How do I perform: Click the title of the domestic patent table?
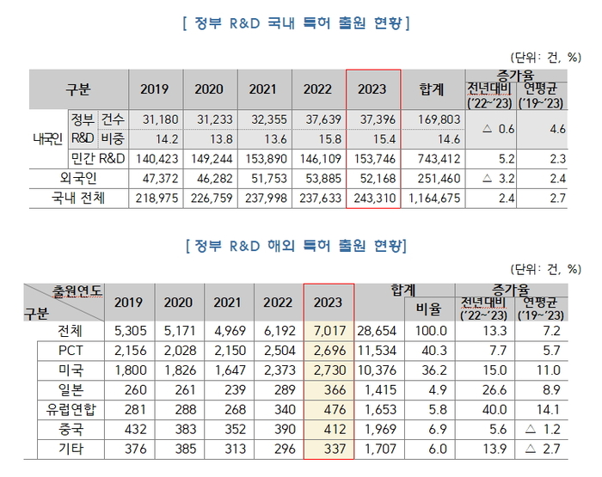pos(298,23)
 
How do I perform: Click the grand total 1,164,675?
pos(432,199)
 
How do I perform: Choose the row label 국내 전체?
pos(77,199)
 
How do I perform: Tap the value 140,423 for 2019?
pos(156,158)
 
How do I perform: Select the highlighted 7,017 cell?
pos(329,331)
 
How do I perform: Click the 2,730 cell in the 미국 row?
pos(329,370)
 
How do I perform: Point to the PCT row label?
pos(71,351)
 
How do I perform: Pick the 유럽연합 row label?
pos(71,410)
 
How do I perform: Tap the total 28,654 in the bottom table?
pos(380,331)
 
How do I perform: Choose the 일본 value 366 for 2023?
pos(329,390)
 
